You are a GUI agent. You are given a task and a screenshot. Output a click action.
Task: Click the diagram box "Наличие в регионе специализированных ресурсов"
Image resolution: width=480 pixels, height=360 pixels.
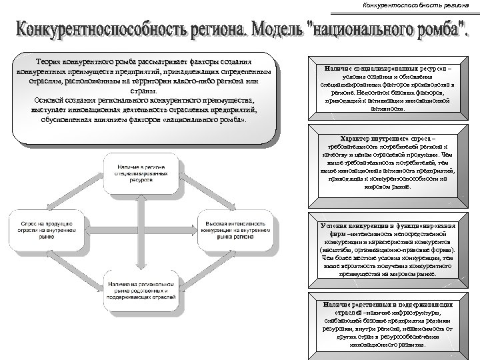click(x=140, y=172)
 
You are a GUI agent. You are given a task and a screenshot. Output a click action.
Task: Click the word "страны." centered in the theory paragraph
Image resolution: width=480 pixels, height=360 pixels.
click(x=143, y=91)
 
